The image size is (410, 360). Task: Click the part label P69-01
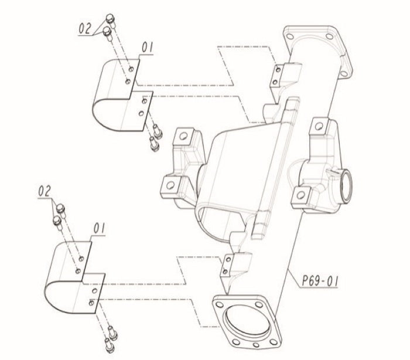click(320, 281)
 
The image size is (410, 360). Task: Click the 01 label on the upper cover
click(147, 47)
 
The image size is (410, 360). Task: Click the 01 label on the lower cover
click(99, 229)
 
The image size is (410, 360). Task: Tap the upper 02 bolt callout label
click(86, 28)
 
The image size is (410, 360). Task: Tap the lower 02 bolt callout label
click(45, 191)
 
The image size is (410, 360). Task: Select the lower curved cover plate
click(74, 277)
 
